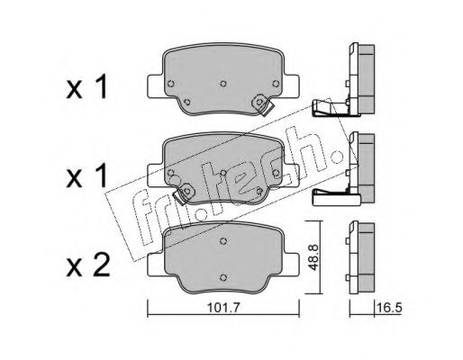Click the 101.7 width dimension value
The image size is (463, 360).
click(x=223, y=308)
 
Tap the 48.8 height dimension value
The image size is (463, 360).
click(x=313, y=257)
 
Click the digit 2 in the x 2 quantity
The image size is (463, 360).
click(x=101, y=265)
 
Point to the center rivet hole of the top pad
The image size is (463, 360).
click(x=223, y=84)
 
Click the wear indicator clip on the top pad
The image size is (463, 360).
click(x=262, y=105)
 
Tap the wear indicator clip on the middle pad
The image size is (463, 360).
click(x=184, y=193)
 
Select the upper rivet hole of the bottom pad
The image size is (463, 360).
click(x=222, y=241)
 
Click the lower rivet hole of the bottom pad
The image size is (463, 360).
click(x=222, y=277)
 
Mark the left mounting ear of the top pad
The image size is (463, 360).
click(x=155, y=86)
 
